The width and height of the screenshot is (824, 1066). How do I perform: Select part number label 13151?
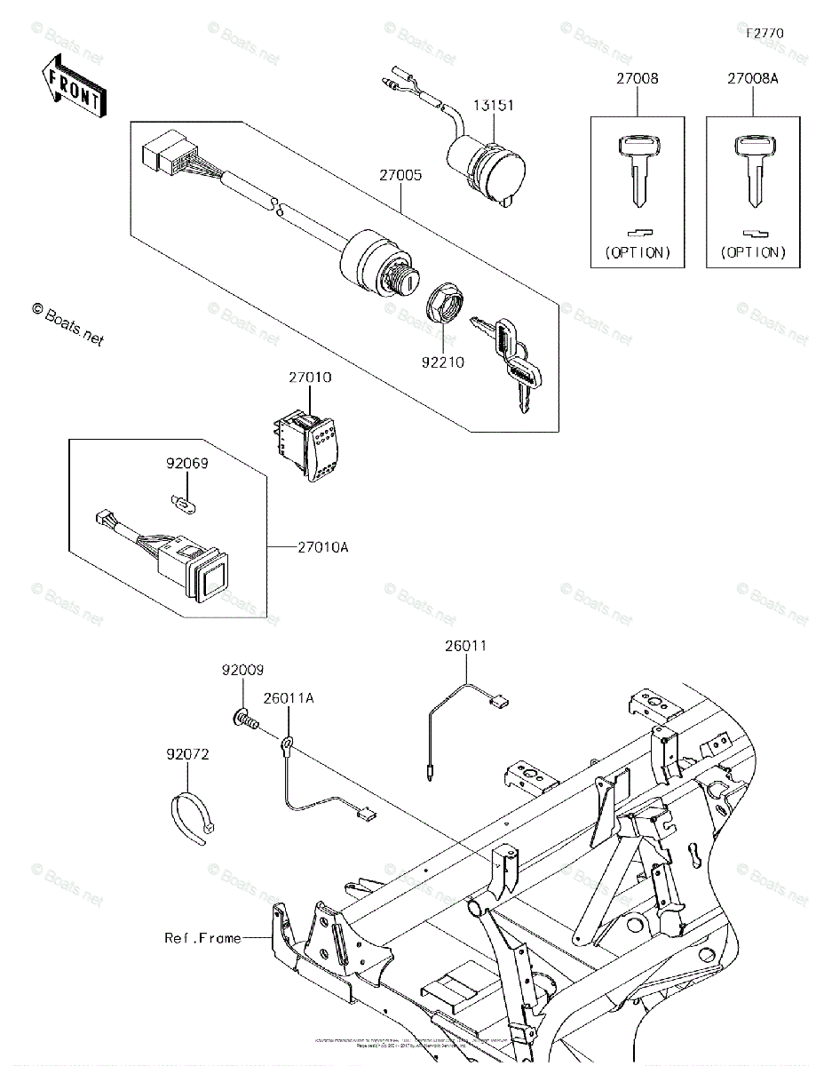[x=493, y=105]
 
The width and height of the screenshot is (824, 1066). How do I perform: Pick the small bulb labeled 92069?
[x=180, y=504]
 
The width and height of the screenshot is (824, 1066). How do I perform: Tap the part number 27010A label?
[x=323, y=547]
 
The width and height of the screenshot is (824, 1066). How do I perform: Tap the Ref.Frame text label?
[x=202, y=937]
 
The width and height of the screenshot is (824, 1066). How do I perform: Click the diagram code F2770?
[x=765, y=33]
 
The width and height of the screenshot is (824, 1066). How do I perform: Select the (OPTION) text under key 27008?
[x=638, y=252]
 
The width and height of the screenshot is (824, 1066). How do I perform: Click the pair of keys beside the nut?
[x=510, y=359]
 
